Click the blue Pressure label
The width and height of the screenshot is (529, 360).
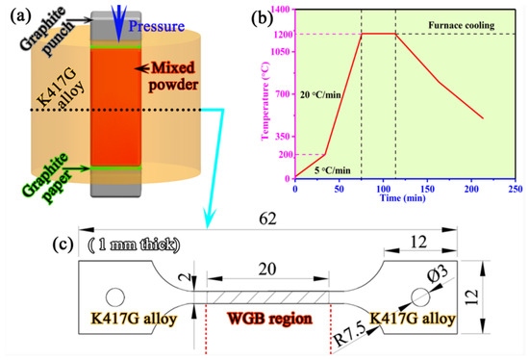pyautogui.click(x=157, y=26)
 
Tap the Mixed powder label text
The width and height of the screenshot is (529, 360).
pyautogui.click(x=173, y=76)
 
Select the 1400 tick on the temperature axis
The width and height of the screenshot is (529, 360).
pyautogui.click(x=280, y=9)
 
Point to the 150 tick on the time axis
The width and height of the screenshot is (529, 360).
pyautogui.click(x=427, y=189)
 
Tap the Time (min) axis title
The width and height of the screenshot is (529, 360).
pyautogui.click(x=403, y=197)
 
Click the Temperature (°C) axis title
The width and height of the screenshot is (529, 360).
pyautogui.click(x=265, y=101)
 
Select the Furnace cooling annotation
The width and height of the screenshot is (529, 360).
pyautogui.click(x=461, y=25)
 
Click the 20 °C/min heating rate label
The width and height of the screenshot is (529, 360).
pyautogui.click(x=320, y=95)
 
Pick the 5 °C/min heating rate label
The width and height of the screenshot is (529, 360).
pyautogui.click(x=333, y=170)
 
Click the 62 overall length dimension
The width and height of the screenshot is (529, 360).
pyautogui.click(x=268, y=219)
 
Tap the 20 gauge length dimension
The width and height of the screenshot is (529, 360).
pyautogui.click(x=267, y=270)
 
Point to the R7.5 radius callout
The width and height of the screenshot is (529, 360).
pyautogui.click(x=350, y=336)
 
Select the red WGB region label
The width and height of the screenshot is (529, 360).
pyautogui.click(x=269, y=318)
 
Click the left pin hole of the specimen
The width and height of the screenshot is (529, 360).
pyautogui.click(x=115, y=297)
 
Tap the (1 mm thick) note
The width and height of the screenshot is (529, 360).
pyautogui.click(x=134, y=244)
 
